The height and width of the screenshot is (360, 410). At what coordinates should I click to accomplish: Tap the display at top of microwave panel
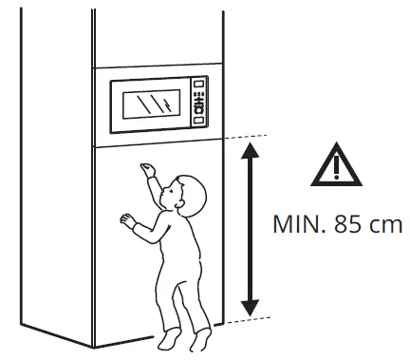click(199, 88)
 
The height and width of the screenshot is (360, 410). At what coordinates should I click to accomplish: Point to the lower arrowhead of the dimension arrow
click(250, 307)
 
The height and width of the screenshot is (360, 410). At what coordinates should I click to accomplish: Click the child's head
click(187, 194)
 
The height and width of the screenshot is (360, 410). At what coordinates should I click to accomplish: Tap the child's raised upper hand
click(145, 168)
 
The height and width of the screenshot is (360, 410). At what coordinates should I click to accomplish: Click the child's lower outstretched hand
click(125, 219)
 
